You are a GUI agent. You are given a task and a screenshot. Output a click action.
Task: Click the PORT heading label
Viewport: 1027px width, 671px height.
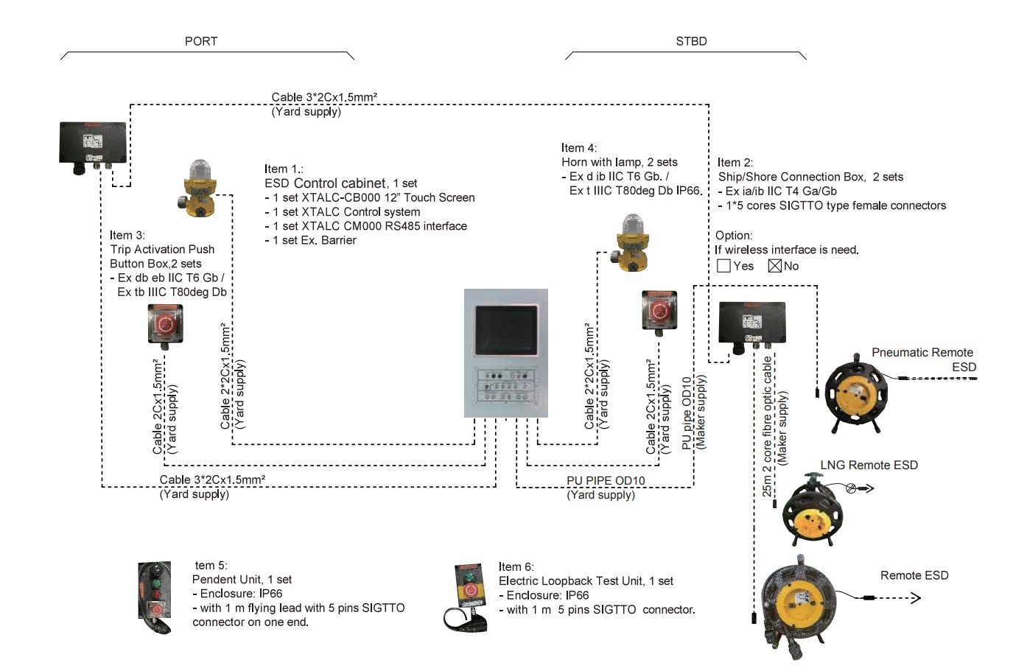tap(200, 41)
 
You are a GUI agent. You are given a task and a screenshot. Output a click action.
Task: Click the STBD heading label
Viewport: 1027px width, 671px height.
tap(690, 41)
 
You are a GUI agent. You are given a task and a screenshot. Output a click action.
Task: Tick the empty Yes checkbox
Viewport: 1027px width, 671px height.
tap(723, 266)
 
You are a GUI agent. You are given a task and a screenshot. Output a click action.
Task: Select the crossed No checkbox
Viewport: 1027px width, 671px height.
tap(774, 266)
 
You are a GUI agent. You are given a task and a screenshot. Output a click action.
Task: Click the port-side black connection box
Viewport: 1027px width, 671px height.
tap(93, 144)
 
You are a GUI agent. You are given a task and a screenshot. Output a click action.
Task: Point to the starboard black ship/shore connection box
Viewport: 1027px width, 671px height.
tap(751, 323)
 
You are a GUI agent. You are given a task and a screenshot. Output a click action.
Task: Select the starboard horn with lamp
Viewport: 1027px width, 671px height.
tap(629, 242)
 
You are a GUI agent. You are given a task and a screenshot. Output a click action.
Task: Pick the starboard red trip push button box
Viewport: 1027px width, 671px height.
tap(659, 310)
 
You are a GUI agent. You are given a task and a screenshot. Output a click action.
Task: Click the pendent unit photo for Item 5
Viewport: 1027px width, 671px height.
tap(155, 597)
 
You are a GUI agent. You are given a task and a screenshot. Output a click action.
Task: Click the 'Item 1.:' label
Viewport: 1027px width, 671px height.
tap(284, 169)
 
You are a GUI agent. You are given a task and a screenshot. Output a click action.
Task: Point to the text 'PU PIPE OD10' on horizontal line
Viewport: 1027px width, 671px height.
tap(605, 480)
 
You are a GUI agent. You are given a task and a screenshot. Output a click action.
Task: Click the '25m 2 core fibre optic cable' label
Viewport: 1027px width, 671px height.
tap(767, 426)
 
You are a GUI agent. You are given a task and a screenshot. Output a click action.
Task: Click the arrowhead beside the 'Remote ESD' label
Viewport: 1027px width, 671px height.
tap(916, 598)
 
